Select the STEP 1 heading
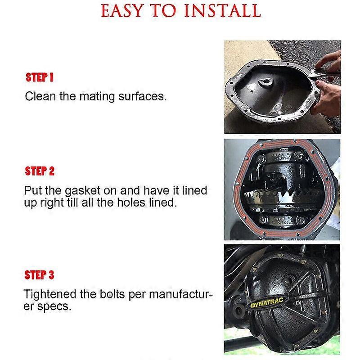40,77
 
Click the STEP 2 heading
40,171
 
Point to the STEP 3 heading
40,274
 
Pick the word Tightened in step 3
51,295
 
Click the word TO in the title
167,10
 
